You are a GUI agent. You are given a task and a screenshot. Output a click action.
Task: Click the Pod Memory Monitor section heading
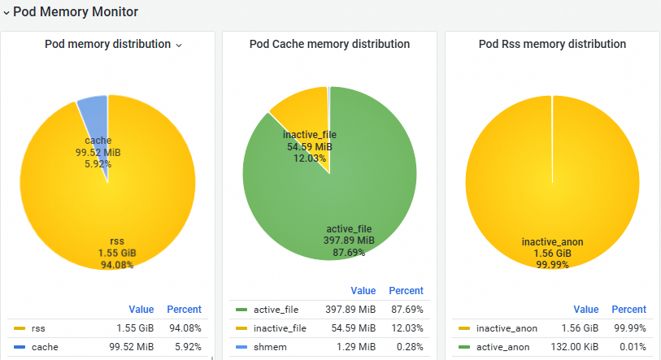75,12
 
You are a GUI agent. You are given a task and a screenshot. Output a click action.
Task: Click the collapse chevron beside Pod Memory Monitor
7,13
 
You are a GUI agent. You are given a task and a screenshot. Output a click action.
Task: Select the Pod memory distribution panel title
107,44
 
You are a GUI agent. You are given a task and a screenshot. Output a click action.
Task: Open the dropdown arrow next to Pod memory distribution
179,45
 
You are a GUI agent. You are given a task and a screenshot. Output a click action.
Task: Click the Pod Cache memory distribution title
329,44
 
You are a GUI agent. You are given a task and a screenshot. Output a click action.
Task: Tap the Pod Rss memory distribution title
552,44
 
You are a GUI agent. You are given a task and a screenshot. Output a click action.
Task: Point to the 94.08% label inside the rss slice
117,264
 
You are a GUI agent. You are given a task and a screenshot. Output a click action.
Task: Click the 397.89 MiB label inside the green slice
350,241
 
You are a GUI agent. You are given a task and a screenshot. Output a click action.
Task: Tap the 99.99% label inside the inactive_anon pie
552,265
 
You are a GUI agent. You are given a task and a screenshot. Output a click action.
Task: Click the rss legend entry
38,329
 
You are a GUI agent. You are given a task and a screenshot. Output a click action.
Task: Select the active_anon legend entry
503,348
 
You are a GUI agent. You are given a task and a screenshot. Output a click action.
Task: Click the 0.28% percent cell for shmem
406,348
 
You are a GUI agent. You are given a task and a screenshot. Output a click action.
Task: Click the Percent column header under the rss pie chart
184,309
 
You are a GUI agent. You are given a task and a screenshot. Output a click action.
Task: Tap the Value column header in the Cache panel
363,290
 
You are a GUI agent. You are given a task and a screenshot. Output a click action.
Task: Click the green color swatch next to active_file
241,310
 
